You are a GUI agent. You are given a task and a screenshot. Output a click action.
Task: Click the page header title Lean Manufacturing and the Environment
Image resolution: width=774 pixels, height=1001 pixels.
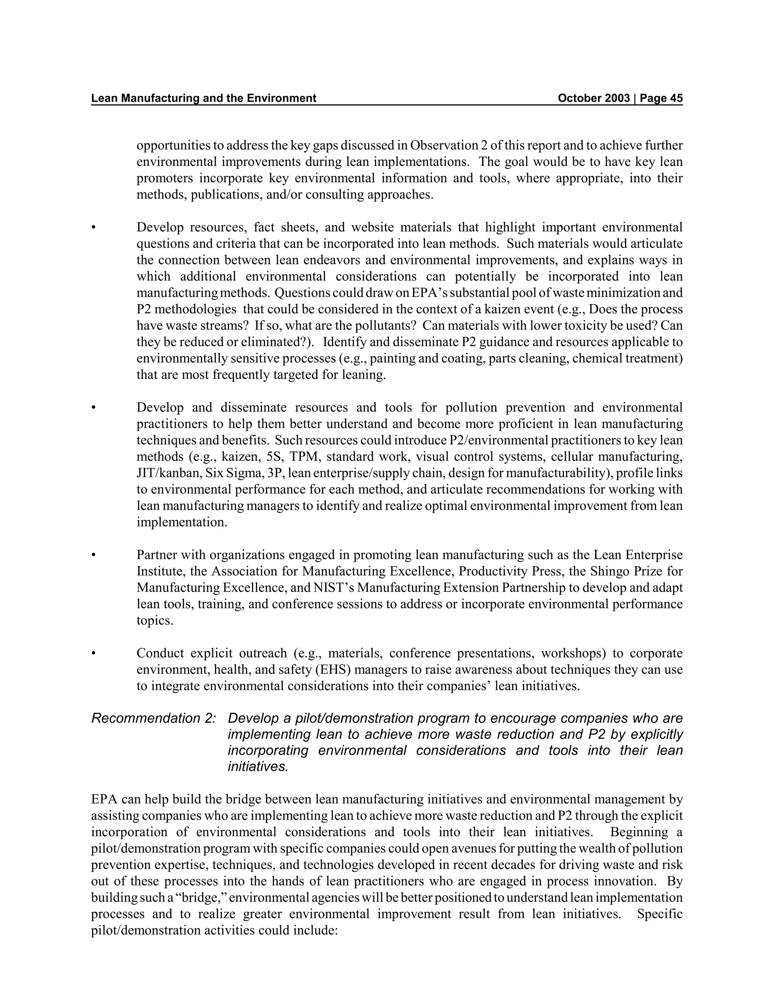pyautogui.click(x=204, y=98)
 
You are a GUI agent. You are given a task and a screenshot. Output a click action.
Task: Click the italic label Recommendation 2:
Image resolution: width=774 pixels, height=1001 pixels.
pyautogui.click(x=153, y=718)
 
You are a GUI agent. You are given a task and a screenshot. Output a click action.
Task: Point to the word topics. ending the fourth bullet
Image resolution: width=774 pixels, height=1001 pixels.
pyautogui.click(x=155, y=621)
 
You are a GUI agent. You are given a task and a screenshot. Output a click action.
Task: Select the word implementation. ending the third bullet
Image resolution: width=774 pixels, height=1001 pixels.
pyautogui.click(x=181, y=522)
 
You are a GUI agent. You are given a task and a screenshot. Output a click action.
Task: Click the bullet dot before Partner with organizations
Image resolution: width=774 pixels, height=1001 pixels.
pyautogui.click(x=94, y=555)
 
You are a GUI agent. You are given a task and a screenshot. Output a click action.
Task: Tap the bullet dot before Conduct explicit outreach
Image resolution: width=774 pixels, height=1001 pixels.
pyautogui.click(x=94, y=653)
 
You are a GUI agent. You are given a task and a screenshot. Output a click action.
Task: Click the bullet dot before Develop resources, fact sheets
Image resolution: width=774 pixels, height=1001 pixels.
pyautogui.click(x=94, y=227)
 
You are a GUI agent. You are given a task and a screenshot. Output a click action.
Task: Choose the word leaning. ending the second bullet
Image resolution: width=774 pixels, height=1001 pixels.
pyautogui.click(x=364, y=375)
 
